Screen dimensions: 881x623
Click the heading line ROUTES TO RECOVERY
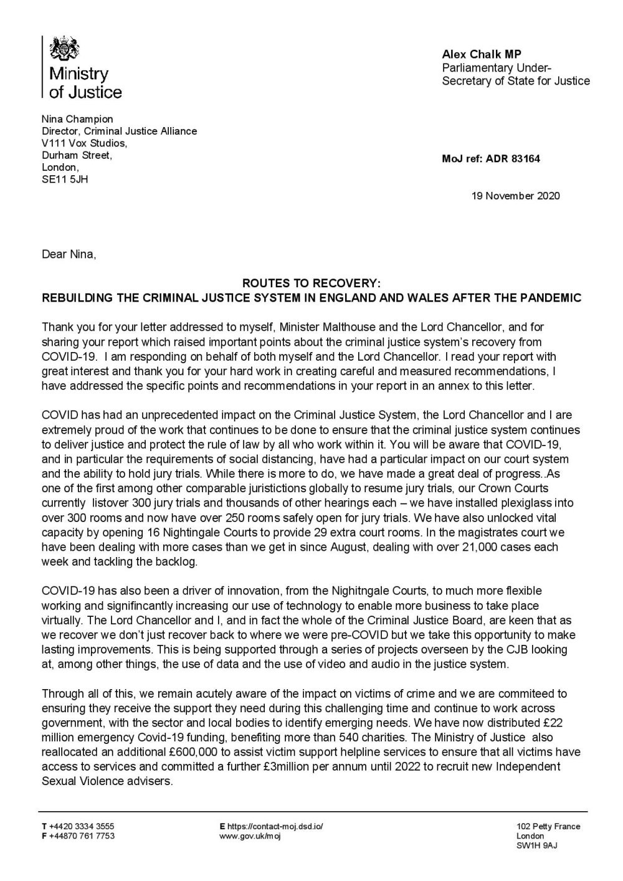[x=311, y=285]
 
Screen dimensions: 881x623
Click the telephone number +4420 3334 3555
[x=81, y=826]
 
